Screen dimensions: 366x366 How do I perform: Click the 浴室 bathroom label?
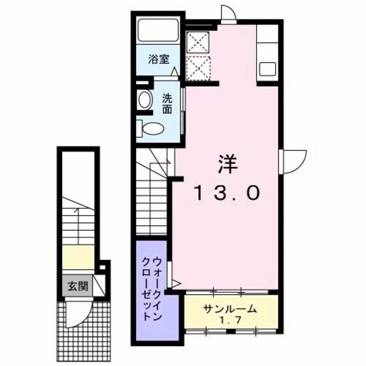[x=159, y=59]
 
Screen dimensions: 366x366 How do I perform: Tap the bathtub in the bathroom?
[x=159, y=31]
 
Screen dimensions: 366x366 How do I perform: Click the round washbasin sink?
[x=145, y=99]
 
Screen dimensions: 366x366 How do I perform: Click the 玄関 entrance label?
[x=73, y=286]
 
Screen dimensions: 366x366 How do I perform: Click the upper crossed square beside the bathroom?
[x=198, y=41]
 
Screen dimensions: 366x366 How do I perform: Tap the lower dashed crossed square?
[x=198, y=67]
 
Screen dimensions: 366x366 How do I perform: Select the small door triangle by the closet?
[x=175, y=283]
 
